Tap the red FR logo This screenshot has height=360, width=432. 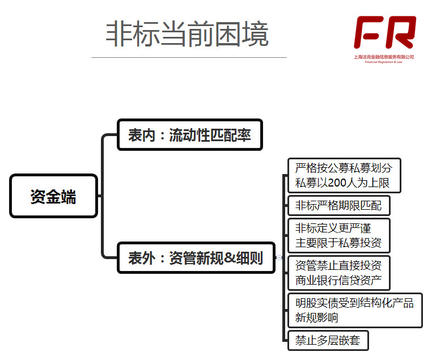coord(385,32)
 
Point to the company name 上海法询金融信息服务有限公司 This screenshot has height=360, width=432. coord(384,57)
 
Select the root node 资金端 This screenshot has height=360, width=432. coord(53,196)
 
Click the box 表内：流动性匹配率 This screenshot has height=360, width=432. coord(189,135)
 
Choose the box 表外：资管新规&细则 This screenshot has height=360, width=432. coord(196,259)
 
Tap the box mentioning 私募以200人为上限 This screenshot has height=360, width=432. coord(344,176)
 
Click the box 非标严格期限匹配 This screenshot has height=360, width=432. coord(339,205)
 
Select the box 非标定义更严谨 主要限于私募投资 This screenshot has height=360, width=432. coord(339,235)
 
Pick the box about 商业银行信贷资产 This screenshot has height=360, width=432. coord(339,273)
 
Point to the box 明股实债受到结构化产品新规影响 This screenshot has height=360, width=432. coord(355,310)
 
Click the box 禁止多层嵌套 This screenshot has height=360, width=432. coord(328,340)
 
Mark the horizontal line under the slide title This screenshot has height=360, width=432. coord(189,57)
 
